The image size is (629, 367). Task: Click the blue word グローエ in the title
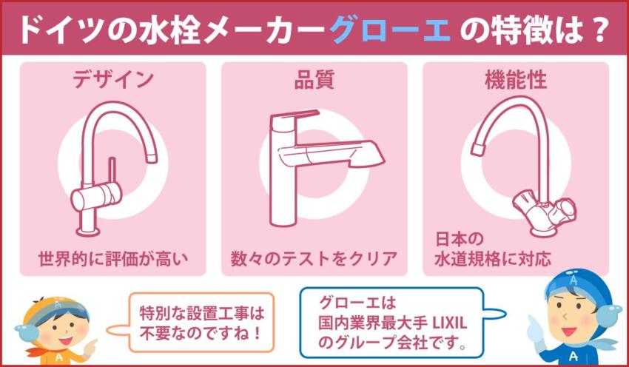pos(390,29)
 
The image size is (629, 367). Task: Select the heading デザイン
pos(113,79)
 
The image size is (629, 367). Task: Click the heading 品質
pos(314,79)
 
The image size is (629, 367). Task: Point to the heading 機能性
pos(516,79)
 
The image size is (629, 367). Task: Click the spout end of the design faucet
pos(152,155)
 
